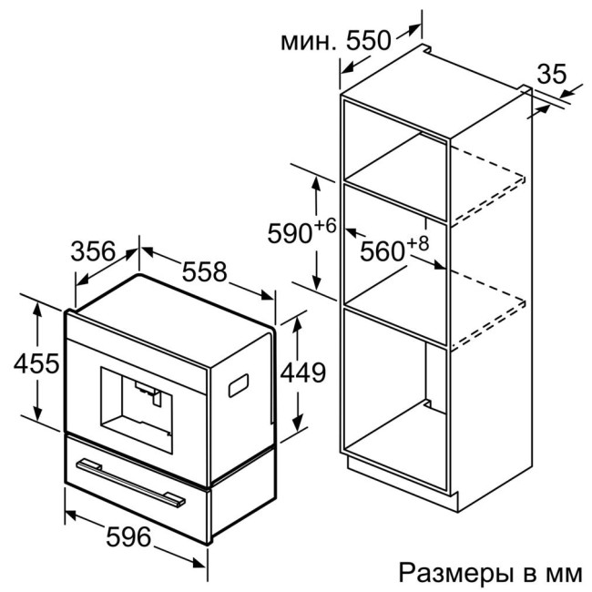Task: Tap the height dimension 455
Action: [36, 364]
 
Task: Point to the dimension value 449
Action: [301, 373]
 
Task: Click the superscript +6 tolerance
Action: [325, 225]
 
